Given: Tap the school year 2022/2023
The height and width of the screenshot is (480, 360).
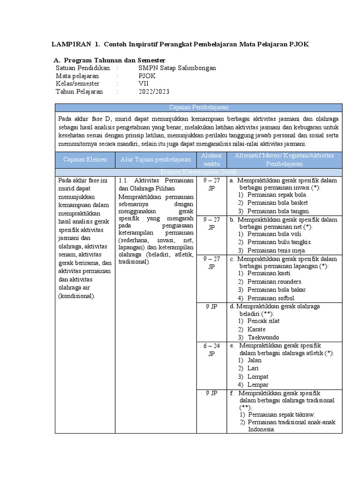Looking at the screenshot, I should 154,91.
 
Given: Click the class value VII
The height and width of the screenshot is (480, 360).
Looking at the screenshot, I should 143,83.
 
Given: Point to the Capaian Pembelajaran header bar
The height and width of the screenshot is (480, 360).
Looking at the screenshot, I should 198,107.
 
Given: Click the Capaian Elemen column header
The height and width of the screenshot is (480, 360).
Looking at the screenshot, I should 85,160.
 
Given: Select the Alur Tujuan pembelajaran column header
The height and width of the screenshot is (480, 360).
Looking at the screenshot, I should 156,160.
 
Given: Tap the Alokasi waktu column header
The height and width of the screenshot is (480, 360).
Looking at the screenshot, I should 211,160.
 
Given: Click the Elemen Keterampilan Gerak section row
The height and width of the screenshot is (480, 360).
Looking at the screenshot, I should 198,172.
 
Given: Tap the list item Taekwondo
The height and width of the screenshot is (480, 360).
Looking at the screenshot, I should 263,337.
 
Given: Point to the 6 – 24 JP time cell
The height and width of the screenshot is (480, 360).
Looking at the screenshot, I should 211,350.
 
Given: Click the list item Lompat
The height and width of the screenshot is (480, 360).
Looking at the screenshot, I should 258,376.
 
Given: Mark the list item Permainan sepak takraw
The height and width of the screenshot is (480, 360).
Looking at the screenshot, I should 281,414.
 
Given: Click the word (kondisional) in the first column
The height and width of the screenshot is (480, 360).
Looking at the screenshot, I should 77,296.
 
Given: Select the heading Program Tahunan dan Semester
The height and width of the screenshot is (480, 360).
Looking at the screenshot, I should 115,60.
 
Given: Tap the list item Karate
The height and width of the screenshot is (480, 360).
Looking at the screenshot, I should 256,330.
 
